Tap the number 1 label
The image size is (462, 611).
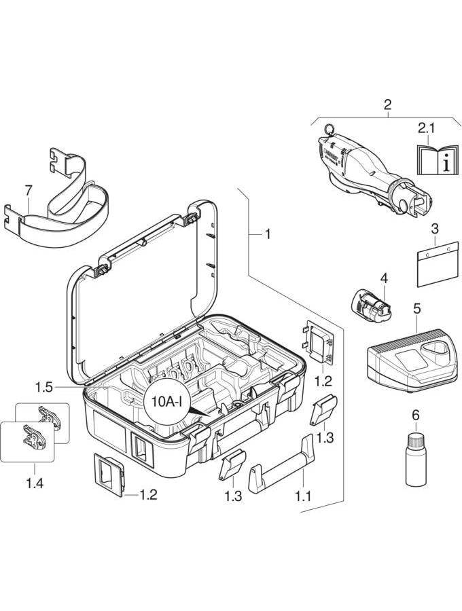pyautogui.click(x=268, y=234)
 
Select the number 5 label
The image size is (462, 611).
pyautogui.click(x=416, y=309)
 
